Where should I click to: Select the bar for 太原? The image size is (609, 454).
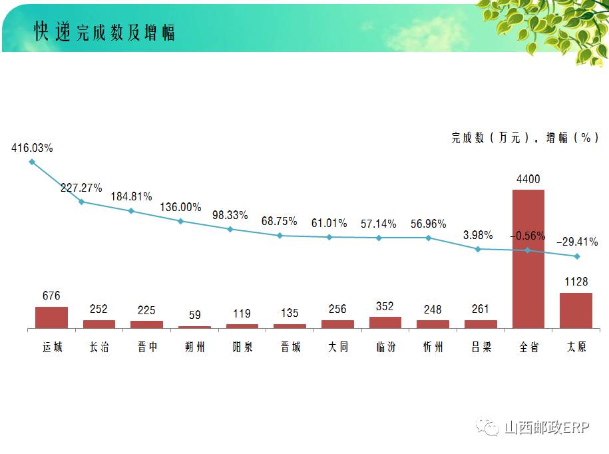click(x=576, y=310)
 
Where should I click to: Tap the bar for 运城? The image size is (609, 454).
click(x=51, y=318)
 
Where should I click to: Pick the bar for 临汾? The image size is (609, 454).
click(x=385, y=322)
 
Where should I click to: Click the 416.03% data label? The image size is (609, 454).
click(x=32, y=147)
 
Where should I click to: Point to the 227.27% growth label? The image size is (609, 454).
click(x=81, y=188)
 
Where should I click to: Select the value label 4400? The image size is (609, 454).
click(x=528, y=179)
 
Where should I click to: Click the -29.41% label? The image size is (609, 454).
click(x=577, y=242)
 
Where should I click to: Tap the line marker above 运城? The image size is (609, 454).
click(x=32, y=162)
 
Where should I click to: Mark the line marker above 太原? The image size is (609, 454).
click(x=576, y=256)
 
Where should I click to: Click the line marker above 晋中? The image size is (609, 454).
click(x=131, y=211)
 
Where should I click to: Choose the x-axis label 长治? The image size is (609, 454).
click(x=99, y=347)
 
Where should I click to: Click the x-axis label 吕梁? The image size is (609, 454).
click(x=481, y=347)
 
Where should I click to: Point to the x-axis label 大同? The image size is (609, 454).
click(x=337, y=347)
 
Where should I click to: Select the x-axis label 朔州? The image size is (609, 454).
click(x=194, y=347)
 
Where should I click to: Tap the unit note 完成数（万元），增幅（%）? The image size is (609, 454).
click(x=524, y=138)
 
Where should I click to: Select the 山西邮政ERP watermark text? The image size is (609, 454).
click(x=546, y=427)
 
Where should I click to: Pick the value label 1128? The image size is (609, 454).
click(x=576, y=282)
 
